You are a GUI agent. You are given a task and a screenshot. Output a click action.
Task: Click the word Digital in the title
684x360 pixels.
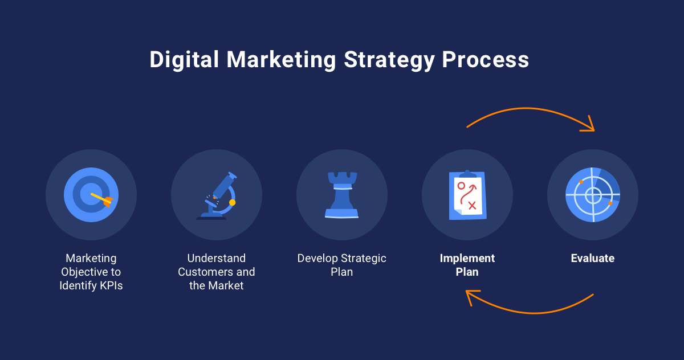[x=184, y=60]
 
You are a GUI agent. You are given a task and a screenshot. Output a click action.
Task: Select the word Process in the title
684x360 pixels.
[x=485, y=60]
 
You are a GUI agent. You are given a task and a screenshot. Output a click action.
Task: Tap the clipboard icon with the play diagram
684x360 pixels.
[x=467, y=194]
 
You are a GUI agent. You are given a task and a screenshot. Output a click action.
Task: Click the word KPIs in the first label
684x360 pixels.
[x=107, y=285]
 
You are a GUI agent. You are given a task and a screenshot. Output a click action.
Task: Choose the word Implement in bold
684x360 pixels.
[x=467, y=258]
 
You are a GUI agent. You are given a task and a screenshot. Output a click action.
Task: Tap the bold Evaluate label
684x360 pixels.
[x=592, y=258]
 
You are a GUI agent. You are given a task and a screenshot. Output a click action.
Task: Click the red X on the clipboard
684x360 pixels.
[x=472, y=204]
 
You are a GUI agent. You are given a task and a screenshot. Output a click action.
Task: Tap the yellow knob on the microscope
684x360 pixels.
[x=232, y=202]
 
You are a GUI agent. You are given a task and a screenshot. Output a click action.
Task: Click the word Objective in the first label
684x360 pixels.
[x=91, y=272]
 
